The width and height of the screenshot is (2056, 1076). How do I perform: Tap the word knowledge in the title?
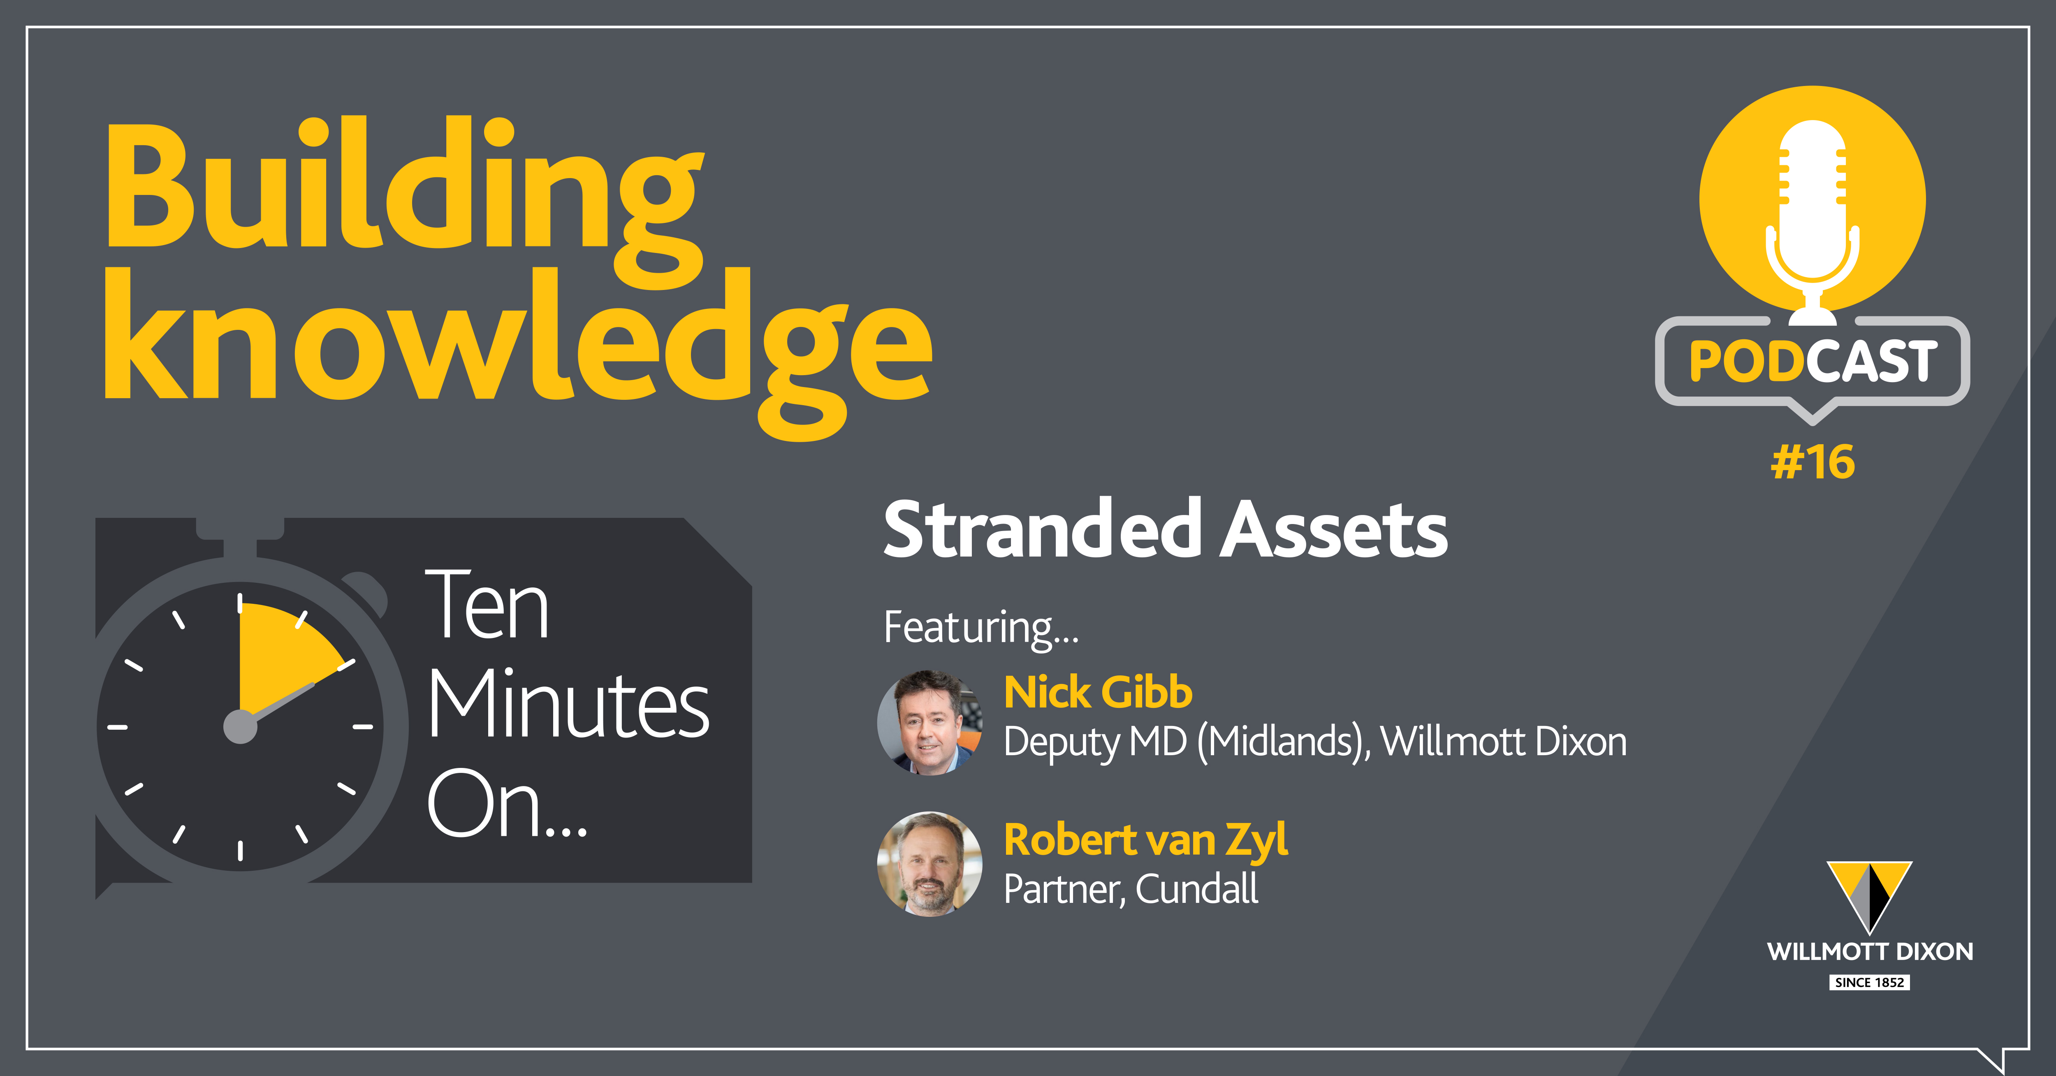point(517,351)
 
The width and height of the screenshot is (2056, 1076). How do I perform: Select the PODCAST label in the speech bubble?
point(1813,361)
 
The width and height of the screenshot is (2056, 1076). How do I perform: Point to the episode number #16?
point(1813,462)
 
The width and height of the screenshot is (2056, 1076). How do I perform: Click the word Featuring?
point(981,627)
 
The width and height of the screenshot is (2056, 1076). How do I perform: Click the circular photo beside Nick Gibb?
point(930,722)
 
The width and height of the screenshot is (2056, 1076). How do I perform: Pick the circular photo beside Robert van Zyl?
point(930,864)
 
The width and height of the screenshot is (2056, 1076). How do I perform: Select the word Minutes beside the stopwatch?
point(568,704)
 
